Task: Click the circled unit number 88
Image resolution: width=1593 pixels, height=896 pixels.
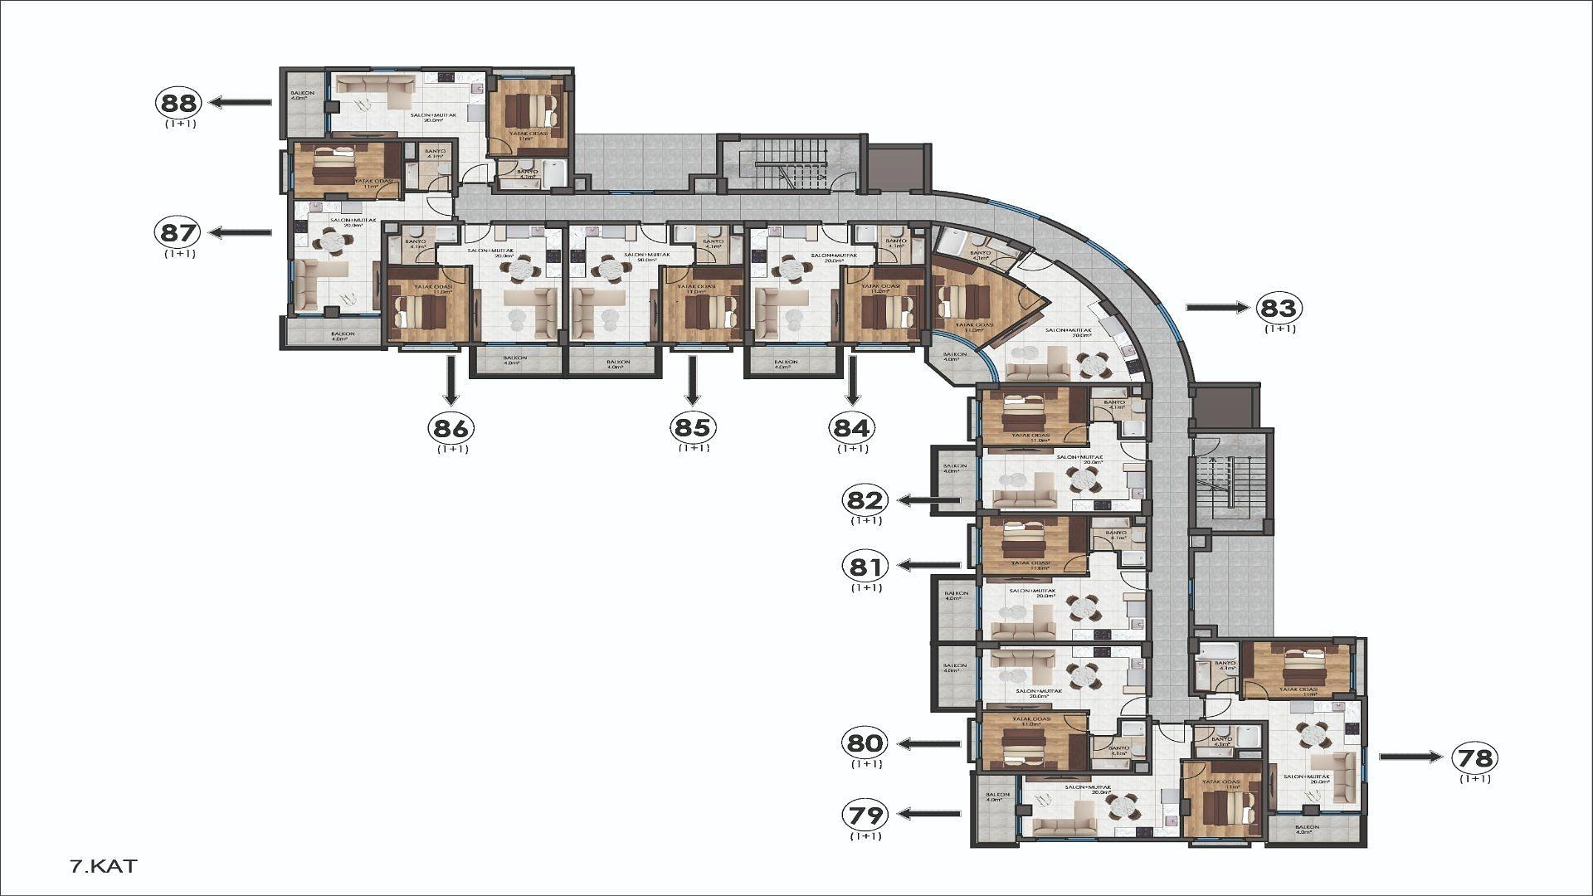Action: (178, 103)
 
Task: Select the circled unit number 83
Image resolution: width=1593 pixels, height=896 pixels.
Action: (1279, 308)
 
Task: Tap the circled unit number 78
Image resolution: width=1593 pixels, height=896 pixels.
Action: (1475, 757)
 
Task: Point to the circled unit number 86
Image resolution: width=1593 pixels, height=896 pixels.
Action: (451, 428)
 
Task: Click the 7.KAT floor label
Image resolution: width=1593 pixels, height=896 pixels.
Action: (104, 867)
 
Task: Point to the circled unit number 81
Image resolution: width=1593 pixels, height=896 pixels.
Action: (865, 567)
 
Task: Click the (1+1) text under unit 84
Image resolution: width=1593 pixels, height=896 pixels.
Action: (852, 449)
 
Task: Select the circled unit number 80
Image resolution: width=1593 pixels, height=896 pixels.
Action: (865, 743)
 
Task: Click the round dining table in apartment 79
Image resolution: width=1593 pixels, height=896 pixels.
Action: (1123, 803)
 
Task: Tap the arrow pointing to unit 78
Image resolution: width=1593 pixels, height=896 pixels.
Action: (1410, 757)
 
